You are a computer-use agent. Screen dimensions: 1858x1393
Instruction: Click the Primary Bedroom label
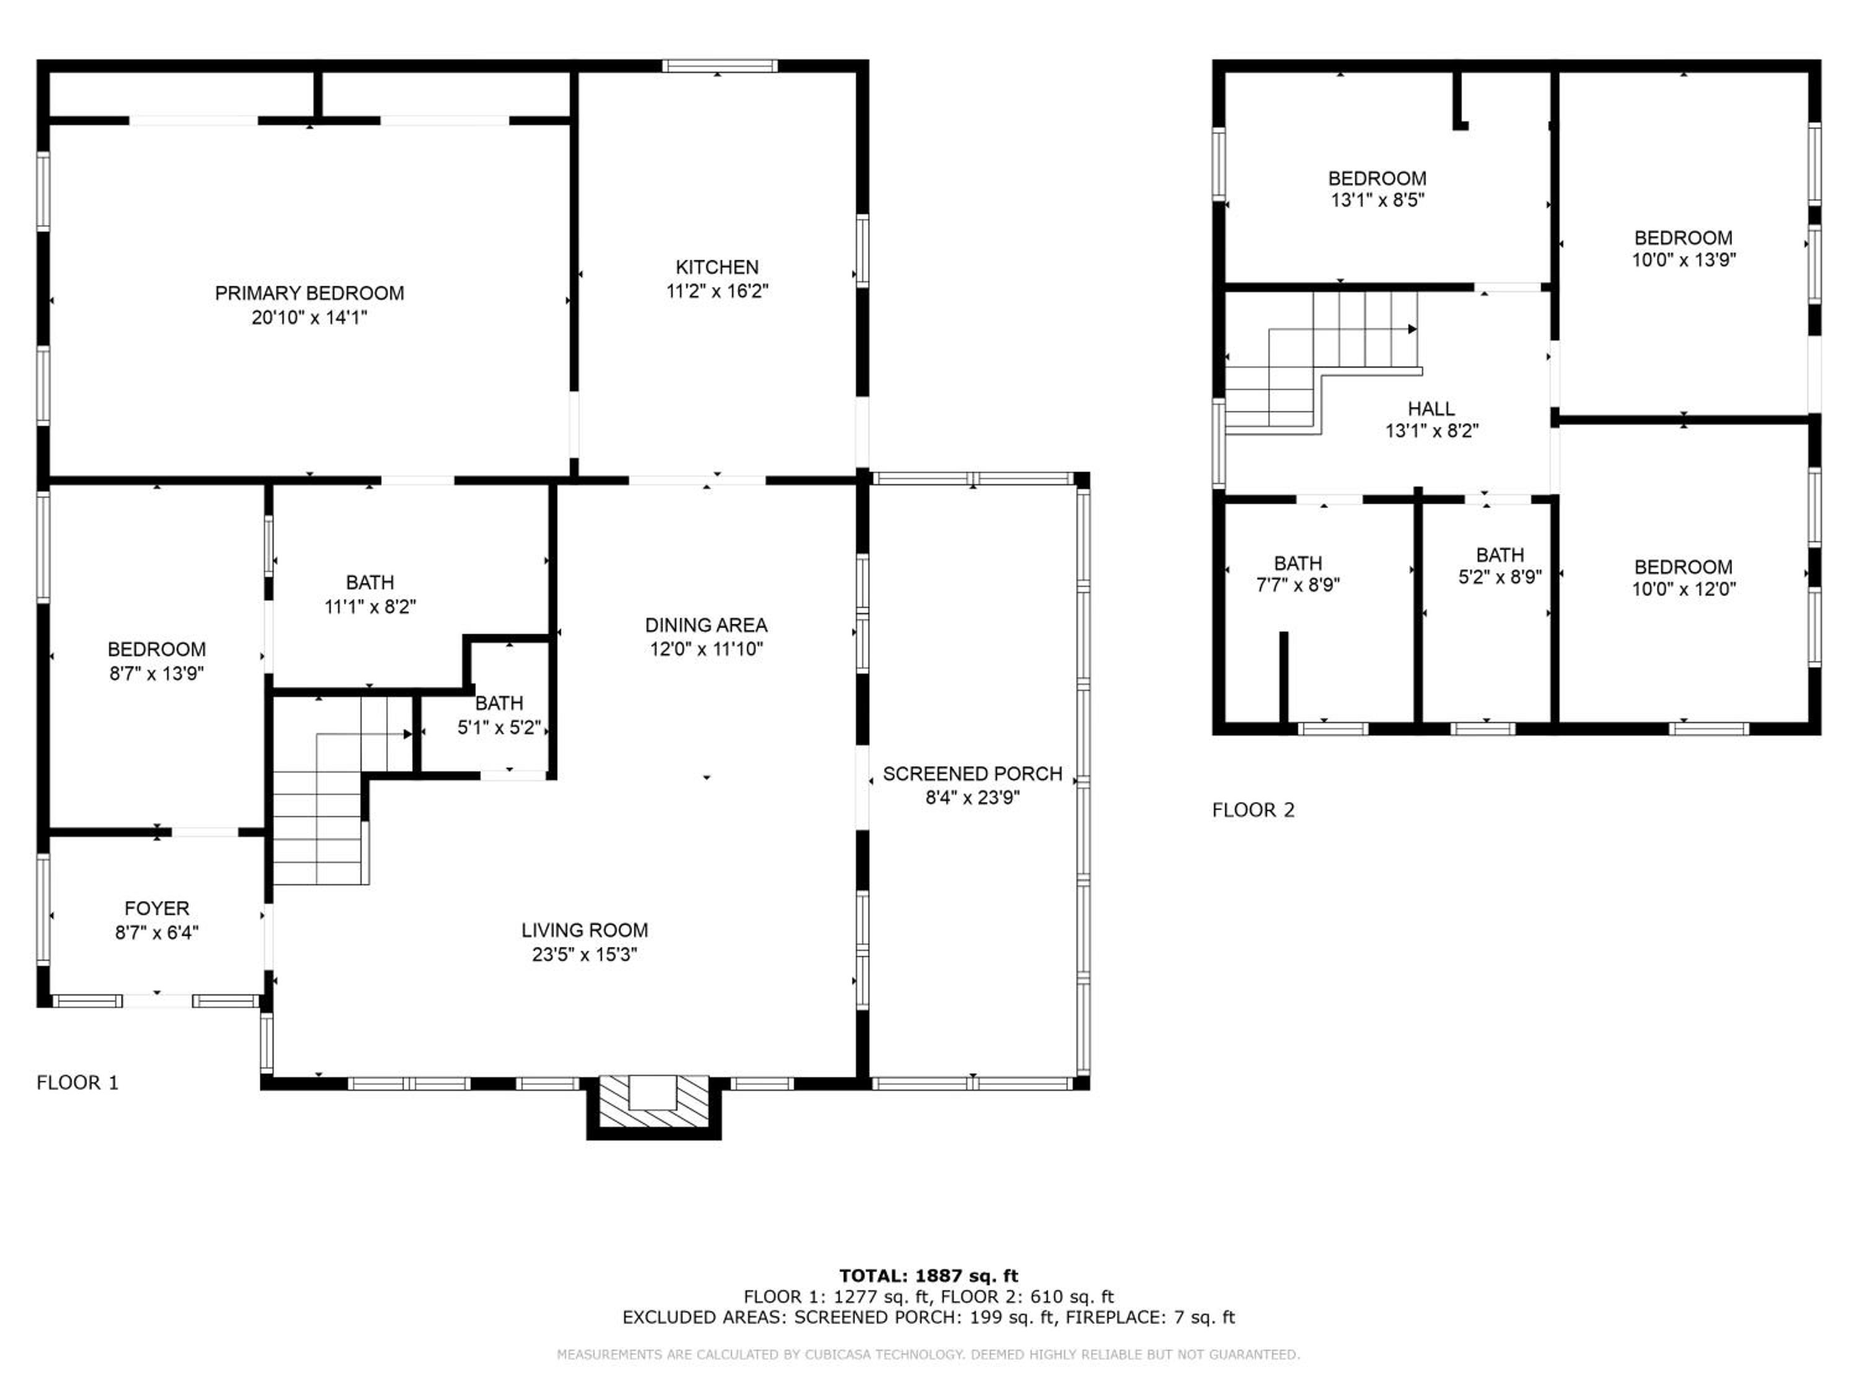tap(309, 293)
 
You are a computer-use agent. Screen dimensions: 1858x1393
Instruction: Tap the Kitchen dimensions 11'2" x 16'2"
tap(717, 292)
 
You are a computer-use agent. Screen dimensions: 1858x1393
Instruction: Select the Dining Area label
tap(705, 625)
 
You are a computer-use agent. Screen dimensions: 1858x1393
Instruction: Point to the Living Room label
tap(585, 931)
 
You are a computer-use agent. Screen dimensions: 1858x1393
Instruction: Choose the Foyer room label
tap(157, 908)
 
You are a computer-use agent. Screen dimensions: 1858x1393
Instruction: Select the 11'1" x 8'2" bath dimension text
tap(370, 606)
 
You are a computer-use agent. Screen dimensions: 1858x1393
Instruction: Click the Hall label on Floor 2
tap(1431, 409)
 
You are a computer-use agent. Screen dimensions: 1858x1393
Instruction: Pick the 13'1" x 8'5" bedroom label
tap(1377, 189)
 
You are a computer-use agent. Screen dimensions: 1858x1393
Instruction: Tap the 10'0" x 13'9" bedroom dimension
tap(1683, 259)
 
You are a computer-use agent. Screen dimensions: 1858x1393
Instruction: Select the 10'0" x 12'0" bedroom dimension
tap(1683, 589)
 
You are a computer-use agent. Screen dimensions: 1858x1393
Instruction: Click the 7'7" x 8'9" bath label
tap(1298, 575)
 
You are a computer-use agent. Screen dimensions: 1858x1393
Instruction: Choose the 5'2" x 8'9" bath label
tap(1500, 566)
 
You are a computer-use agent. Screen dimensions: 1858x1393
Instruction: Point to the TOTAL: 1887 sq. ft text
tap(929, 1276)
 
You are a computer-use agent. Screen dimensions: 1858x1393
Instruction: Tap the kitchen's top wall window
tap(720, 66)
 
